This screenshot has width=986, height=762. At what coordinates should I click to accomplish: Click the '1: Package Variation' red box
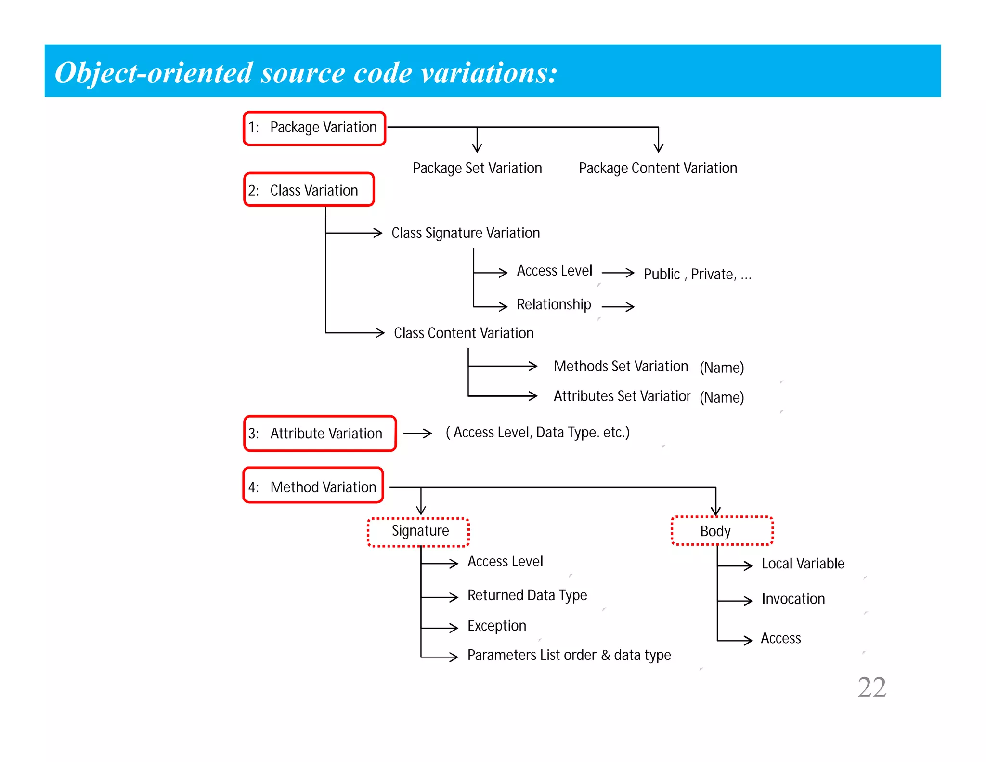[314, 128]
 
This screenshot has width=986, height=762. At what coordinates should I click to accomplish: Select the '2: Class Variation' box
[309, 190]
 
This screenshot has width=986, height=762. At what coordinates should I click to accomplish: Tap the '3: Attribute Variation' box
[320, 434]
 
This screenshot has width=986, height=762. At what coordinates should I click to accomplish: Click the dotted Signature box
[419, 532]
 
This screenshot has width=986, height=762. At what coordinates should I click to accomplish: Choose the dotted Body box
[722, 531]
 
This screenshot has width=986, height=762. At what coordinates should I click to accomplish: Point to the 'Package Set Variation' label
[477, 169]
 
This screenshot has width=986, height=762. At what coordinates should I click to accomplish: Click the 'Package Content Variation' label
[658, 169]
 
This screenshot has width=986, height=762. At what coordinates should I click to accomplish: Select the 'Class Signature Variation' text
[466, 234]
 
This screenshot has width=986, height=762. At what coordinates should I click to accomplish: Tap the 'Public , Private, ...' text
[697, 275]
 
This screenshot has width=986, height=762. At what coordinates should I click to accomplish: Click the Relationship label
[554, 305]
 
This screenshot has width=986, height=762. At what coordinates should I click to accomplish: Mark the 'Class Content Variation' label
[464, 333]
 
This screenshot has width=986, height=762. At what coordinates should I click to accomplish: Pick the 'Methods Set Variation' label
[621, 367]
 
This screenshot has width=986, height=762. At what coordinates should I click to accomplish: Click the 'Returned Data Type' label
[527, 596]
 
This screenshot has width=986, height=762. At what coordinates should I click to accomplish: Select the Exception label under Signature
[497, 626]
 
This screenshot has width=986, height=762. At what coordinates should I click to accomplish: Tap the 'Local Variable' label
[803, 564]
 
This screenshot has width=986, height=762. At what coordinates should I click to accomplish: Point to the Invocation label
[793, 599]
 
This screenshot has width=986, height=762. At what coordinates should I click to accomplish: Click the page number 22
[871, 687]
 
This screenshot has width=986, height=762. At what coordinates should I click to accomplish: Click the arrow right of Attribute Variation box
[417, 434]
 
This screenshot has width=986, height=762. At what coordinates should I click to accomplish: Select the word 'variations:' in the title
[489, 73]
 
